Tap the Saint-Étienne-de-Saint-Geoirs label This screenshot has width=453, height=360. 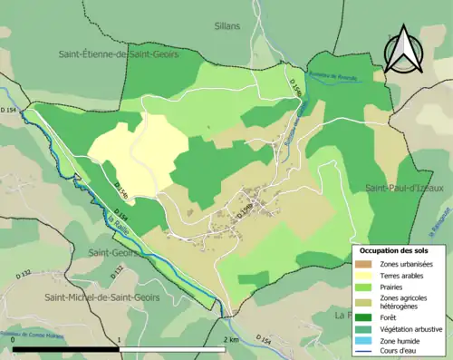[x=119, y=54]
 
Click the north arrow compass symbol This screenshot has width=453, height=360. [x=405, y=49]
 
